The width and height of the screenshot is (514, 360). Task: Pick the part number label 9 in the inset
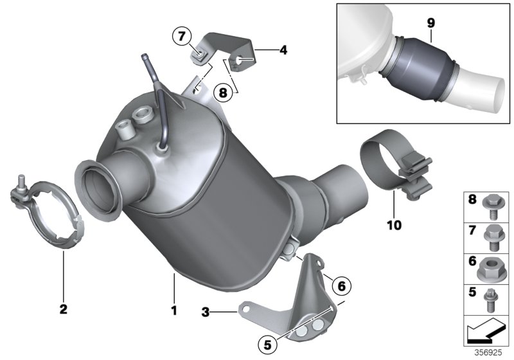(x=430, y=22)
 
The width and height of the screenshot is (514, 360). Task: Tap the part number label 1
(x=173, y=310)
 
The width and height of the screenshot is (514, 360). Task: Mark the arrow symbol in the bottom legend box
(x=486, y=333)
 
